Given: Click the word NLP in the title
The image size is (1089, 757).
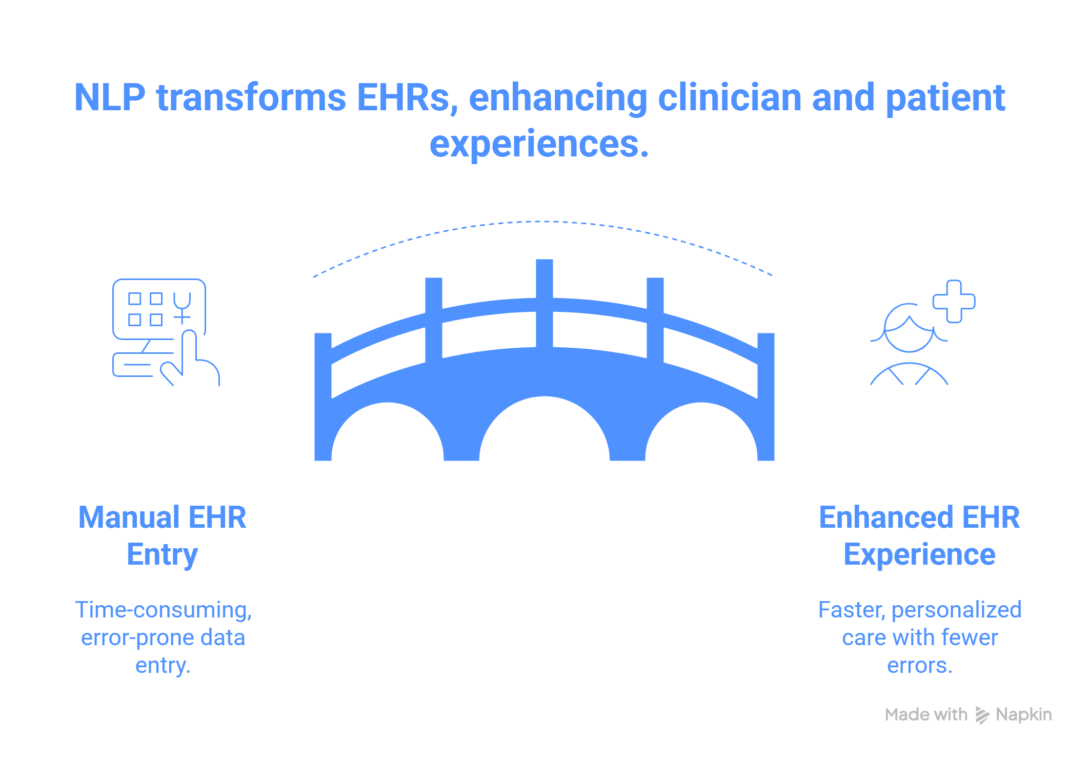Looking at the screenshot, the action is [110, 97].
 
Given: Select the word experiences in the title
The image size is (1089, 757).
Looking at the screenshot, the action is [539, 144].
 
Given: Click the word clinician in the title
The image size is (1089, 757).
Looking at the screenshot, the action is [730, 97].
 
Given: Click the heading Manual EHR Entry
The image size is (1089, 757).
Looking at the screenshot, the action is [163, 536].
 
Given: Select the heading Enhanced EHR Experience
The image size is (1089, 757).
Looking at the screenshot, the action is [919, 536].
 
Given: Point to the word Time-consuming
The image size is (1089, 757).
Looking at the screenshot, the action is [164, 610].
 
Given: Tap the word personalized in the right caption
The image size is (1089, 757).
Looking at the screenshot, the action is [956, 610].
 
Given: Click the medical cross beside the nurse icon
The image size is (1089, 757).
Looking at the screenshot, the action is [954, 302].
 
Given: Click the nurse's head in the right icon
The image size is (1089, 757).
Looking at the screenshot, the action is [909, 328].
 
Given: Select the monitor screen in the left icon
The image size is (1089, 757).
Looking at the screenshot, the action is [159, 309].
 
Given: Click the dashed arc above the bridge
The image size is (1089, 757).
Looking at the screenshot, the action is [543, 222].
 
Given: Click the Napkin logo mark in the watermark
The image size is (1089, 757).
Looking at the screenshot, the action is [982, 715].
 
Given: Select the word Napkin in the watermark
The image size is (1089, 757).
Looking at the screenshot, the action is [1024, 714].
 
